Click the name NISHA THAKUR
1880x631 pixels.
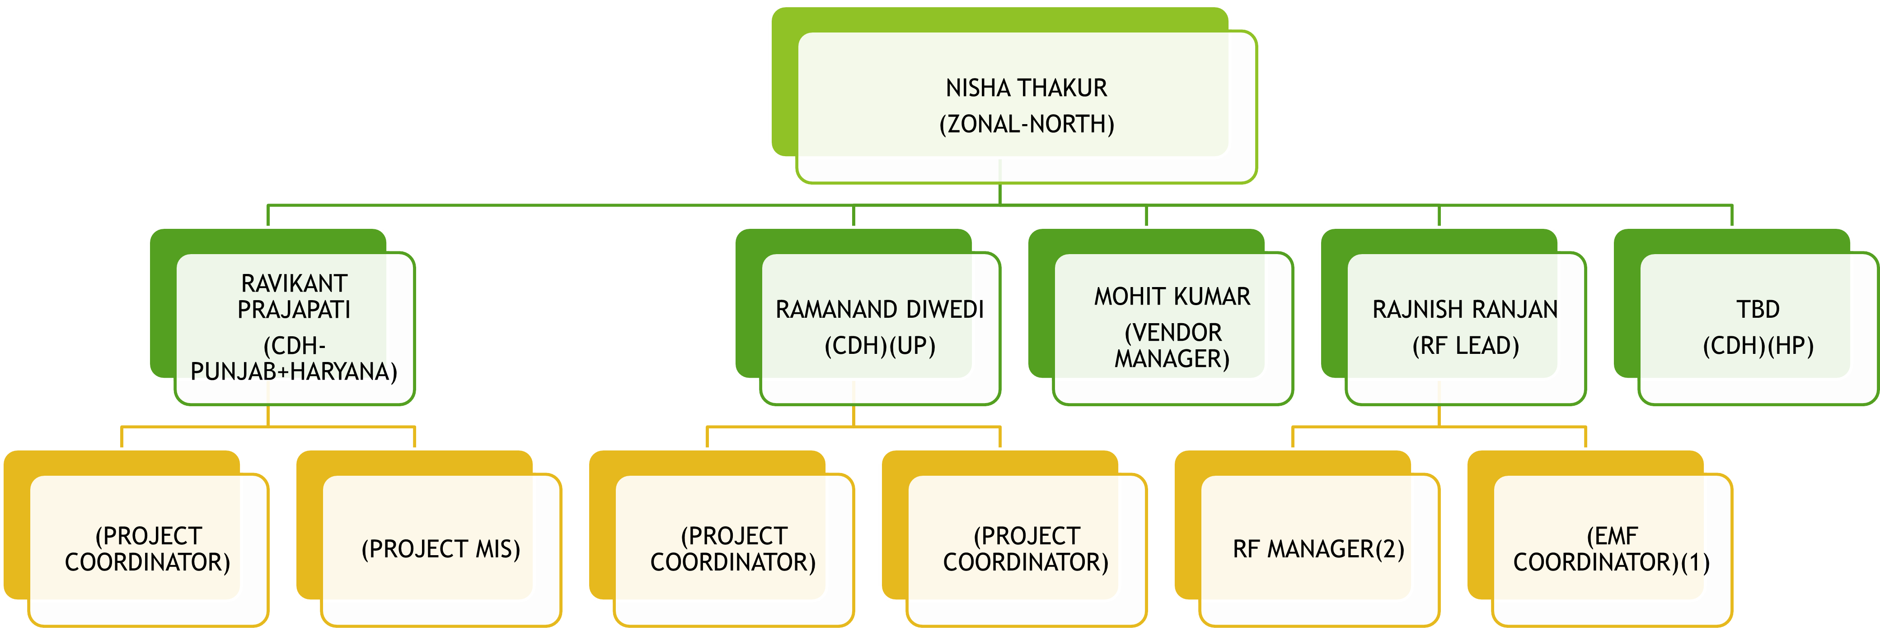click(x=1026, y=88)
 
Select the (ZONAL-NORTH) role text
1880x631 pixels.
click(x=1026, y=124)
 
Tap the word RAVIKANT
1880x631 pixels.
click(x=294, y=283)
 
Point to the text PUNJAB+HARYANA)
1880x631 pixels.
click(x=294, y=371)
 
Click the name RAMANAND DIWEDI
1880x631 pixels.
click(x=879, y=309)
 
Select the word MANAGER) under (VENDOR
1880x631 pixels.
click(x=1172, y=358)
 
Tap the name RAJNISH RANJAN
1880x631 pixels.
click(x=1465, y=309)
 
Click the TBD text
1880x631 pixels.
click(x=1758, y=309)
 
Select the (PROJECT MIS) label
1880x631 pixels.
click(x=441, y=548)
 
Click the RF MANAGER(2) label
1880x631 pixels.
click(x=1318, y=548)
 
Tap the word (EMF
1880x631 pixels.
click(x=1612, y=536)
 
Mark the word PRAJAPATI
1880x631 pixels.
click(x=294, y=309)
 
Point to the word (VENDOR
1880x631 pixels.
click(x=1172, y=333)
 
